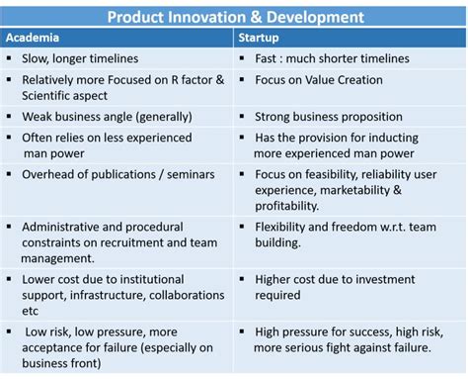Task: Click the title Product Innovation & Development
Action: click(x=236, y=17)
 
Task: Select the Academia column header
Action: click(x=33, y=38)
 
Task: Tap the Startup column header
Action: click(x=259, y=38)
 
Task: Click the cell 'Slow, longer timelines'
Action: click(x=80, y=58)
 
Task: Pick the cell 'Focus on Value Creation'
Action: click(x=319, y=80)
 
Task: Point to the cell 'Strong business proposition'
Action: click(x=329, y=117)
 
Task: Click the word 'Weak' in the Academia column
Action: click(x=36, y=117)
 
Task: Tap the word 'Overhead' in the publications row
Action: click(x=47, y=174)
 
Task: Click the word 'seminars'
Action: click(x=191, y=174)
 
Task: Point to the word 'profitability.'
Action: click(x=287, y=206)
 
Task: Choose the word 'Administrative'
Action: click(x=60, y=227)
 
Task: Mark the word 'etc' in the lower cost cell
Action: click(x=30, y=311)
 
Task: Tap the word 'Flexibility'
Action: click(x=280, y=227)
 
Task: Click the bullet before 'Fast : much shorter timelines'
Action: click(x=242, y=58)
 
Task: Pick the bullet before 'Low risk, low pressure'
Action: click(x=9, y=332)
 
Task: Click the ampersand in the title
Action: click(x=256, y=17)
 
